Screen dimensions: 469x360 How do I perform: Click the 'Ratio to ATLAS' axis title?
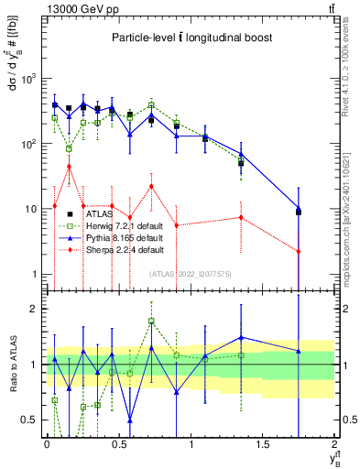pos(12,365)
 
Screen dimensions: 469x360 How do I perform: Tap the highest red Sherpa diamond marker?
pos(69,167)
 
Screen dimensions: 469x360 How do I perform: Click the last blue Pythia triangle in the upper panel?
pos(299,208)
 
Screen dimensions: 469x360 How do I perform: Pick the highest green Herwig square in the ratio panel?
pos(151,322)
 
